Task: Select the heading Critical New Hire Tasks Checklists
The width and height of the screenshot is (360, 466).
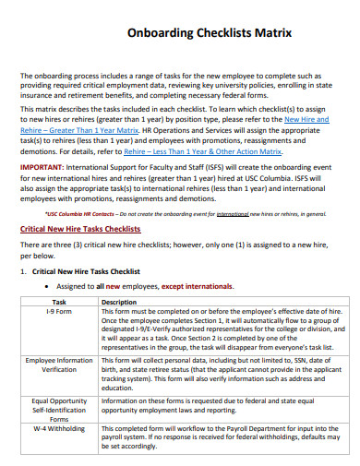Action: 80,228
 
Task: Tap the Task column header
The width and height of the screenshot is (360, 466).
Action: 59,302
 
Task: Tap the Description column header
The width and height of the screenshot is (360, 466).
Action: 118,302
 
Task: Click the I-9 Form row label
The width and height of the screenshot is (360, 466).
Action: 59,312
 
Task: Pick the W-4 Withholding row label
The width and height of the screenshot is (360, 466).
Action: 59,429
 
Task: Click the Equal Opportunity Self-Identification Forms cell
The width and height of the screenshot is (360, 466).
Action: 59,409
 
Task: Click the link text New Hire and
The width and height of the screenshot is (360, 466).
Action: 307,119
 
